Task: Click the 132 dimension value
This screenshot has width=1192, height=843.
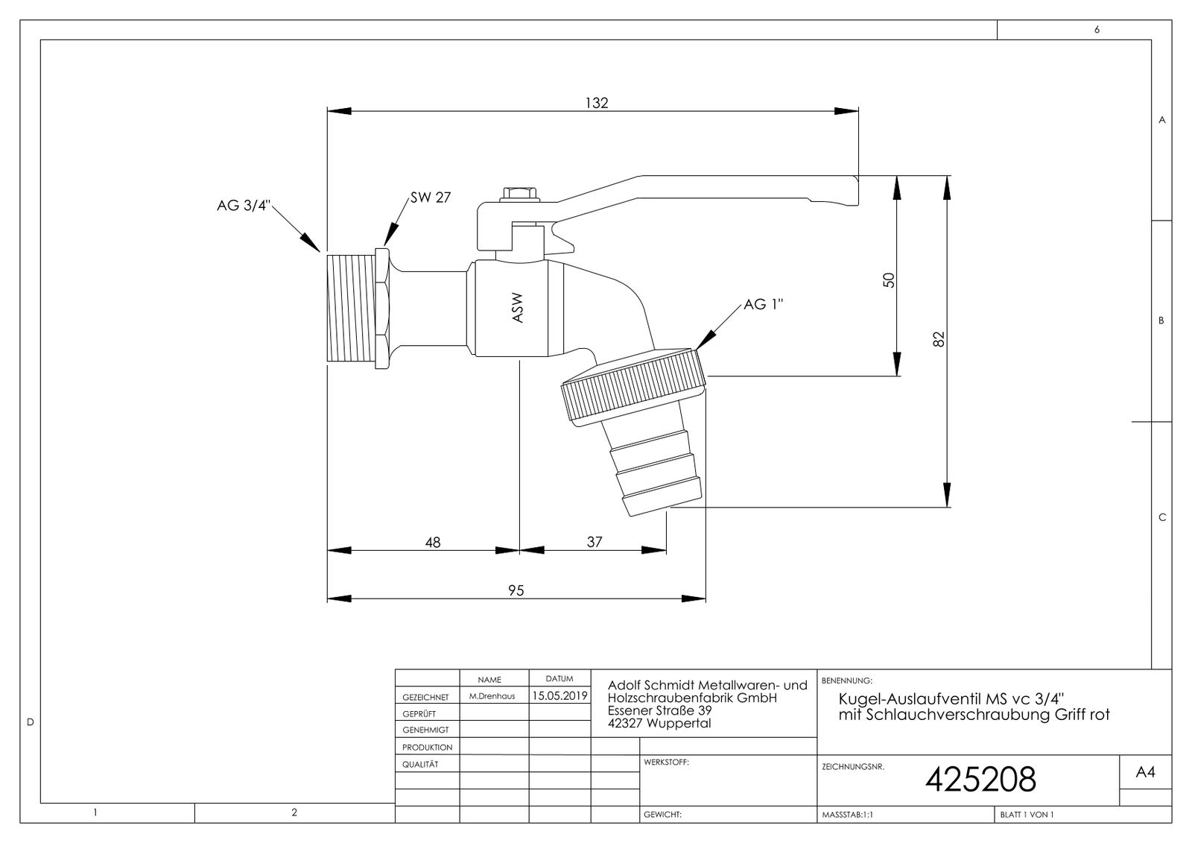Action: pyautogui.click(x=596, y=103)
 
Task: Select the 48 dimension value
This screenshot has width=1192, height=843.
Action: pyautogui.click(x=432, y=542)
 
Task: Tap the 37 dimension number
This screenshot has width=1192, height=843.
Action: pyautogui.click(x=594, y=542)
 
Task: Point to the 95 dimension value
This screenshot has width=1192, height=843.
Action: pyautogui.click(x=516, y=590)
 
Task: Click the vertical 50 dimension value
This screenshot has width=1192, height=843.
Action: pyautogui.click(x=888, y=280)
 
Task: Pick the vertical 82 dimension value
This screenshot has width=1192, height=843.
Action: pyautogui.click(x=939, y=339)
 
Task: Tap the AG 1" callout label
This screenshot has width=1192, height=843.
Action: pyautogui.click(x=764, y=304)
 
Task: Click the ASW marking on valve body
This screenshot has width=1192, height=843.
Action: pyautogui.click(x=518, y=306)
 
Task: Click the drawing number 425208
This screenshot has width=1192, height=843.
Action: pyautogui.click(x=980, y=780)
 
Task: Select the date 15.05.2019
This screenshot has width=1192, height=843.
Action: pyautogui.click(x=559, y=696)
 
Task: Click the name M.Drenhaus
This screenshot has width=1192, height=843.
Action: pyautogui.click(x=492, y=697)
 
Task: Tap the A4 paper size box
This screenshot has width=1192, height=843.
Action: pyautogui.click(x=1145, y=774)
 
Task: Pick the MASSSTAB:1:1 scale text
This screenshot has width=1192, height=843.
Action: pyautogui.click(x=847, y=815)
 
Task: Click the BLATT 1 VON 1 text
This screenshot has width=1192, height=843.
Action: pyautogui.click(x=1026, y=815)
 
